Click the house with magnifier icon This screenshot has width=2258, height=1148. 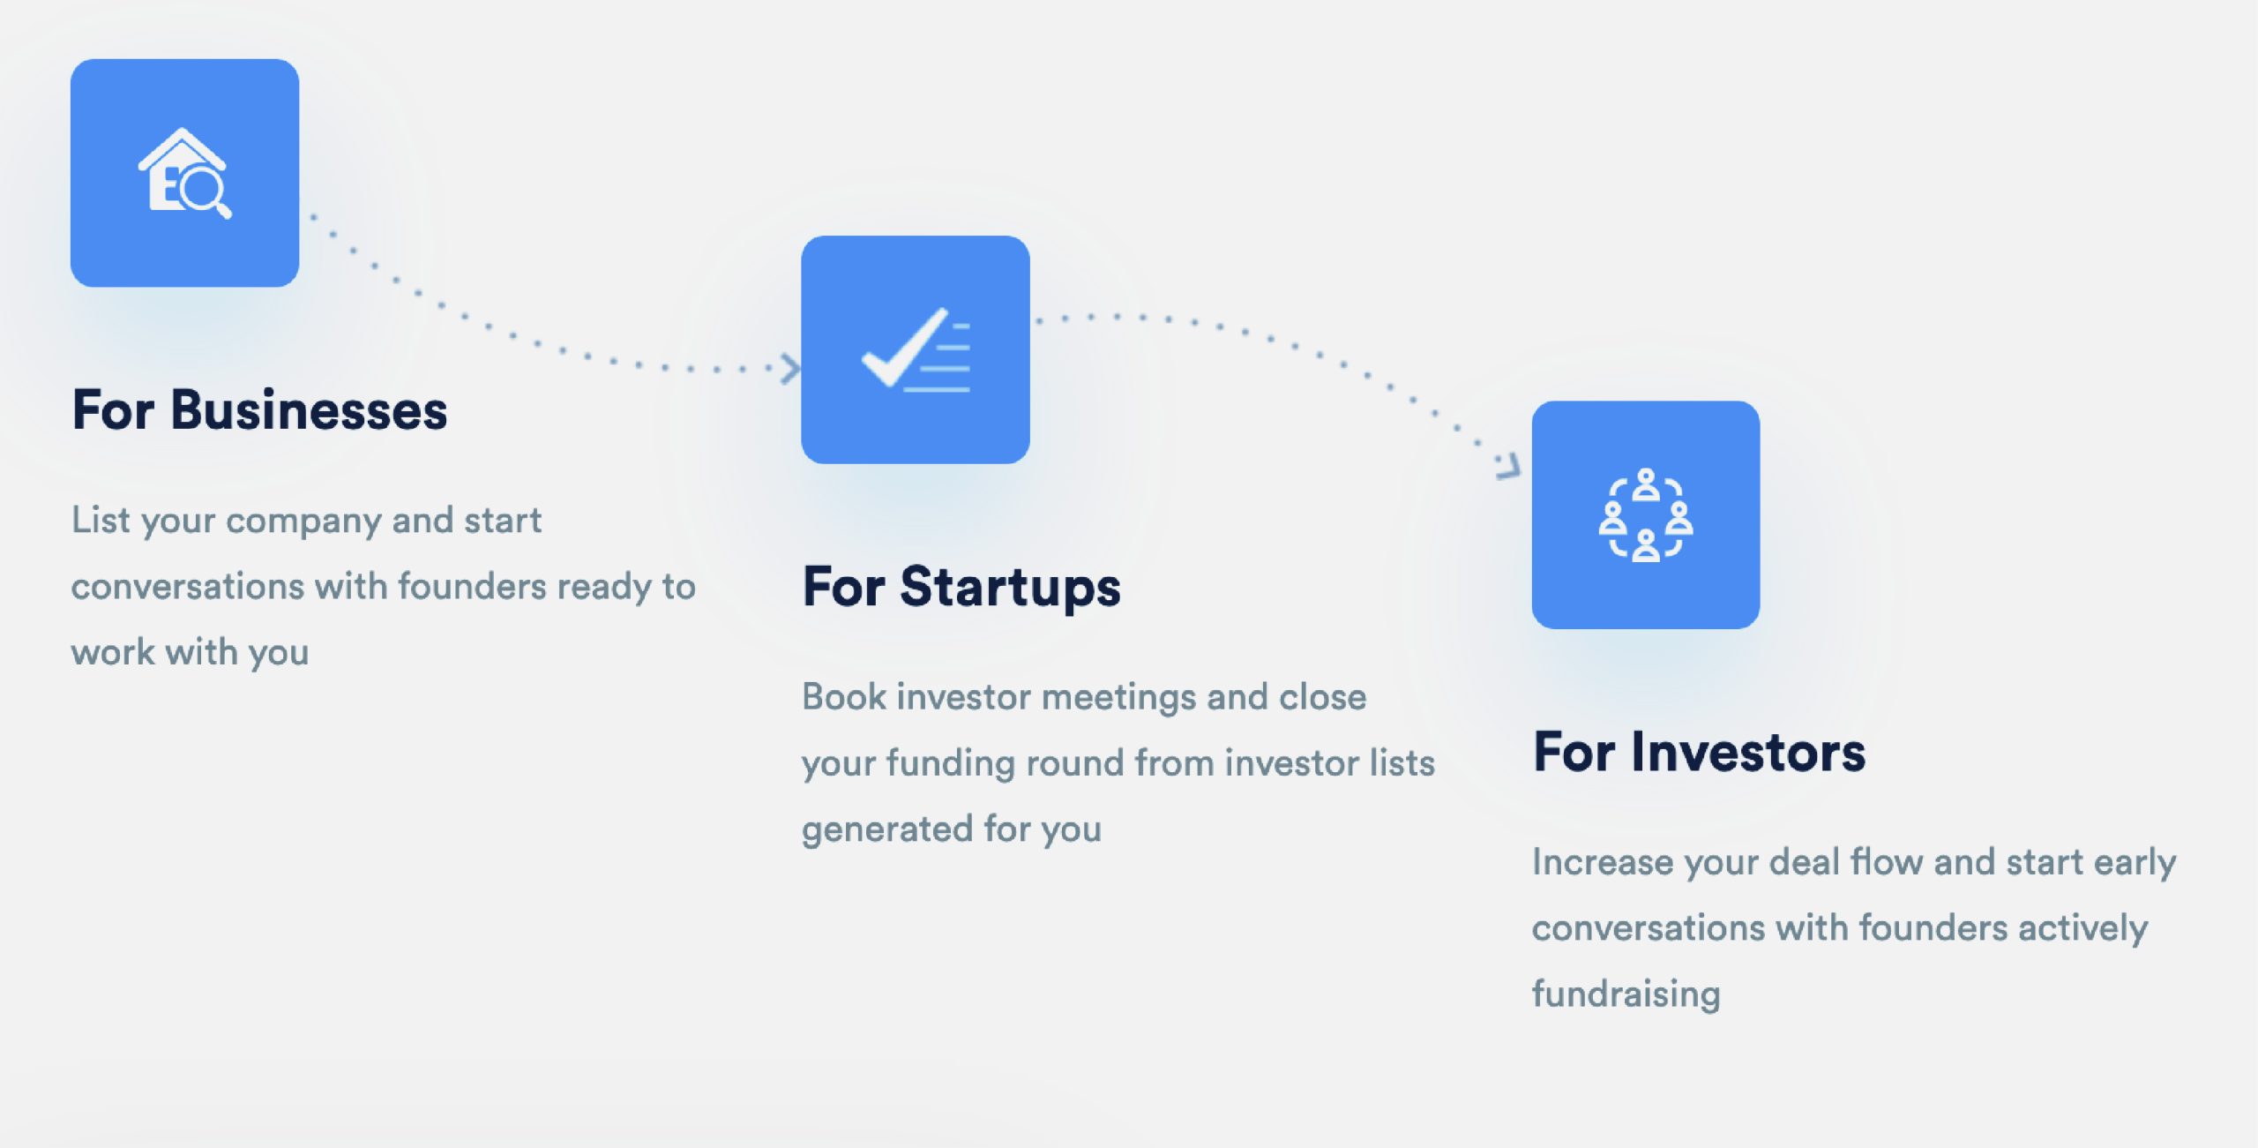185,174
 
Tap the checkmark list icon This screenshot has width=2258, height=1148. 916,350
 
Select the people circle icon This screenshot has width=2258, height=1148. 1646,515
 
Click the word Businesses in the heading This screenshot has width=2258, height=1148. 309,411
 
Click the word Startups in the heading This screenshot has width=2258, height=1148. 1010,588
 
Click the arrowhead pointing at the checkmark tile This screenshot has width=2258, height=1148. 791,368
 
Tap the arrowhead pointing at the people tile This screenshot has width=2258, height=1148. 1509,465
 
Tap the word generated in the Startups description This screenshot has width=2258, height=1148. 887,829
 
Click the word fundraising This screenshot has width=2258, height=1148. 1626,994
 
